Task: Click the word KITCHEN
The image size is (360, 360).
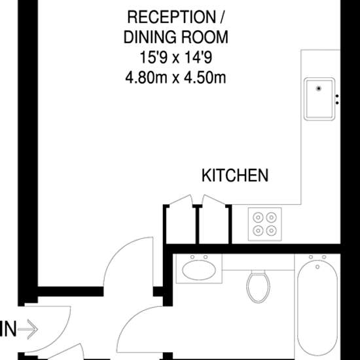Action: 235,175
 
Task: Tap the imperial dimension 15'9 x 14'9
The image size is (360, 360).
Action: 176,58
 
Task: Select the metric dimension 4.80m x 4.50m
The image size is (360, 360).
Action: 175,78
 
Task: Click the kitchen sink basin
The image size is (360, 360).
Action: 319,99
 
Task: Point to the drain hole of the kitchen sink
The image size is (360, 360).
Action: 319,88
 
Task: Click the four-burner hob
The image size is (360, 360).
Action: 264,225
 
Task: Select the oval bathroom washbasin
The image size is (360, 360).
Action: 199,270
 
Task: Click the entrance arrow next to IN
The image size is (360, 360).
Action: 27,329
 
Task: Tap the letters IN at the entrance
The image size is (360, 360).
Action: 8,329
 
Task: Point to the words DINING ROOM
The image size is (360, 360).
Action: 176,37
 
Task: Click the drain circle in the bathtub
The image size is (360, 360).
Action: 317,267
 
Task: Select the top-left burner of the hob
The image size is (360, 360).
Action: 258,217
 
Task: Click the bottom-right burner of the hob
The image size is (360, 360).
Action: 272,230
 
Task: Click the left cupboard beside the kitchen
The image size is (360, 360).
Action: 181,225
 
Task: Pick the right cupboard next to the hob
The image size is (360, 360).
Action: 214,225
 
